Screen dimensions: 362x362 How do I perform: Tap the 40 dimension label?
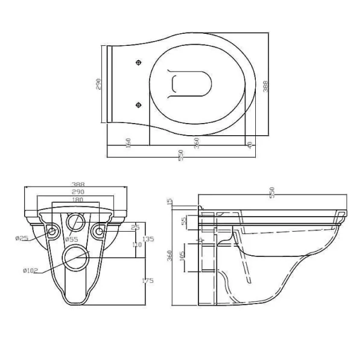[x=250, y=145]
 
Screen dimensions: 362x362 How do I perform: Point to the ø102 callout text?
[x=30, y=270]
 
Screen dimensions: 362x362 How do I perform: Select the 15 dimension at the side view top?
[x=170, y=201]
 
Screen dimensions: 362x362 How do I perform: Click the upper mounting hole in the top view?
[x=139, y=62]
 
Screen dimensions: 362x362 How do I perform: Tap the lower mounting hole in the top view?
[x=139, y=103]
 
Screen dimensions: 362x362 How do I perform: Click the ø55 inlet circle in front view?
[x=76, y=221]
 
